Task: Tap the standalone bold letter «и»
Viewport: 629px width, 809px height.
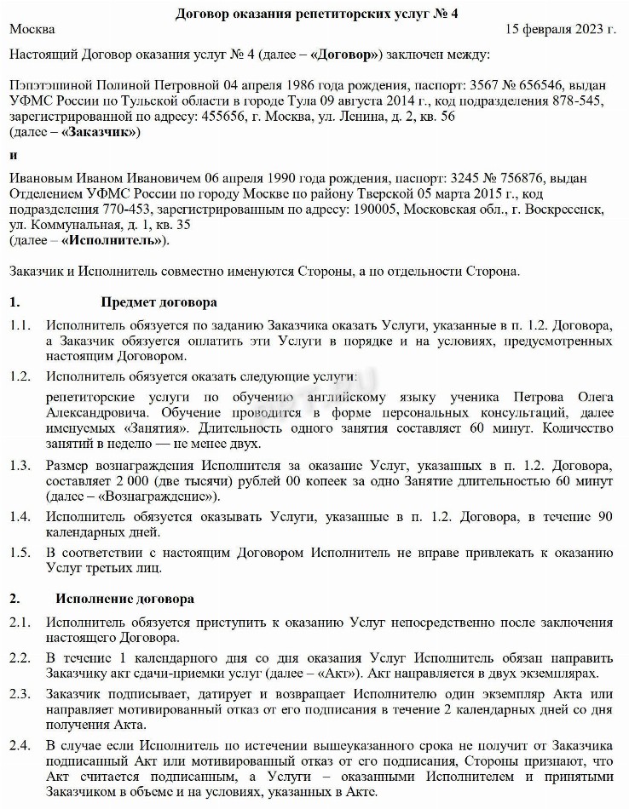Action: tap(13, 155)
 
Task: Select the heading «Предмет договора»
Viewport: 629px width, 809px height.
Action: tap(159, 302)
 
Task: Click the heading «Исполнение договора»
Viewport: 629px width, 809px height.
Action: tap(125, 599)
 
